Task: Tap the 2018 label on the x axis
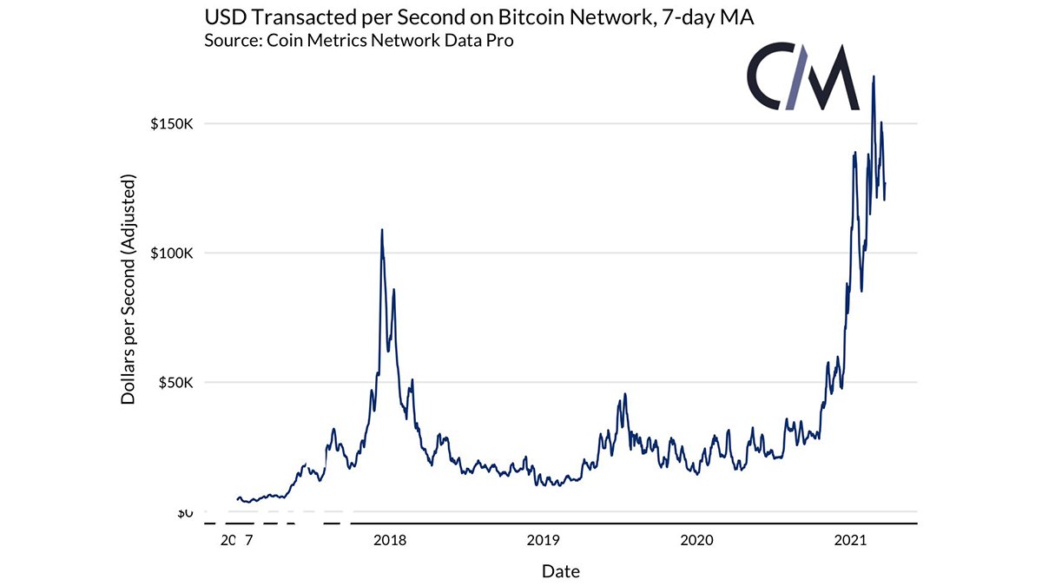(x=389, y=540)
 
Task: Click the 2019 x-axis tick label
(x=543, y=540)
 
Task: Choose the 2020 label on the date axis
(x=696, y=540)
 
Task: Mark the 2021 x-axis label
(x=850, y=540)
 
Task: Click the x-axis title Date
(x=560, y=571)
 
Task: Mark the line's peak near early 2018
(x=382, y=230)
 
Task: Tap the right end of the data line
(x=885, y=183)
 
